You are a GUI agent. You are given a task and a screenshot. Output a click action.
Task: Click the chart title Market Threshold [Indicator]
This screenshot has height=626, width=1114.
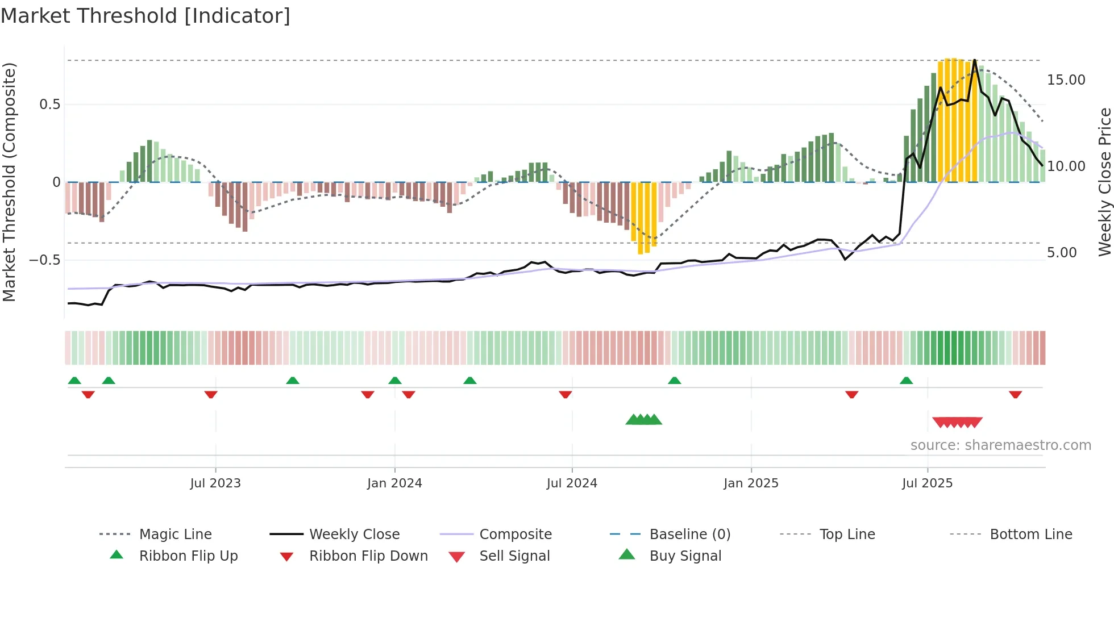pos(146,16)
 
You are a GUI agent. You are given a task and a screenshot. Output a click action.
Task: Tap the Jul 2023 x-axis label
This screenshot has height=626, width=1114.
pos(215,483)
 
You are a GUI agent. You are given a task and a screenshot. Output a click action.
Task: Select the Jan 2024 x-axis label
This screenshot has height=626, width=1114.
pos(394,483)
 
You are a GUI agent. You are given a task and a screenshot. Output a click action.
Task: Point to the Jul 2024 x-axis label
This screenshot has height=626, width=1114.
pos(572,483)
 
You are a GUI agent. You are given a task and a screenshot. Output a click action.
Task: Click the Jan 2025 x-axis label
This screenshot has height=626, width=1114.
pos(751,483)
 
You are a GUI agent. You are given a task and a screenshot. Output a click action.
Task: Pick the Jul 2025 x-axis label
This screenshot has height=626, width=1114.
pos(927,483)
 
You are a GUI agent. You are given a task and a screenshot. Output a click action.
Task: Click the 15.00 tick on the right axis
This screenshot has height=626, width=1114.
pos(1066,80)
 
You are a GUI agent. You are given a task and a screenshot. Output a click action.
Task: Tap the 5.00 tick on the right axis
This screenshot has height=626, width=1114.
pos(1062,253)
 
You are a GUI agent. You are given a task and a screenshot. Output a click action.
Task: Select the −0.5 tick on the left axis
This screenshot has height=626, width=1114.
pos(45,260)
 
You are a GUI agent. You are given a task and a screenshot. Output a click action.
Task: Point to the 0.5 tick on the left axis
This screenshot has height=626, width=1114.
pos(50,105)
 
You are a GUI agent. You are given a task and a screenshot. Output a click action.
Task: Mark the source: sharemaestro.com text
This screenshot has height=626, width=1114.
pos(1000,445)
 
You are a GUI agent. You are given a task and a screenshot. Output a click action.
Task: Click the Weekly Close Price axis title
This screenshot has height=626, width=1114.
pos(1104,182)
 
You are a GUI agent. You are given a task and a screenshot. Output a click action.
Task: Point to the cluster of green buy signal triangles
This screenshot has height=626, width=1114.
pos(643,420)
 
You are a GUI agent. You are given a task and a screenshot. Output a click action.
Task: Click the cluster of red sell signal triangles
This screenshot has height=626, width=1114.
pos(957,423)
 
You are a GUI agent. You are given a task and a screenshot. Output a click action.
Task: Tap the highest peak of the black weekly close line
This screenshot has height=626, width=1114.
pos(975,60)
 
